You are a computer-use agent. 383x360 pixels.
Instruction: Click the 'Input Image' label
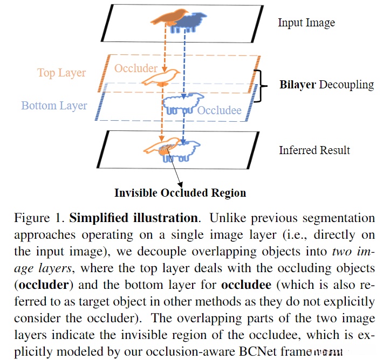pos(306,23)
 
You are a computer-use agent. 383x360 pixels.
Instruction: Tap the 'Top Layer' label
pos(61,73)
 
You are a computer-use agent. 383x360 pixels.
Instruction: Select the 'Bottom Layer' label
pos(54,106)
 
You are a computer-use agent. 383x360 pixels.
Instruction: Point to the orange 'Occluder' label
pos(136,68)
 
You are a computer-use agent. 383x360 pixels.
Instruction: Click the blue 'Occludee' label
pos(219,110)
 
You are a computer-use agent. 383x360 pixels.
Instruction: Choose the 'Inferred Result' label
pos(314,150)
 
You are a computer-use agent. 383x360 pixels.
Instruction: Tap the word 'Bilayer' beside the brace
pos(298,85)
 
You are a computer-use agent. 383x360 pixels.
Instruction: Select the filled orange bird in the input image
pos(170,16)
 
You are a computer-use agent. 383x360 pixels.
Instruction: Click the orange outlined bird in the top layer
pos(160,78)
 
